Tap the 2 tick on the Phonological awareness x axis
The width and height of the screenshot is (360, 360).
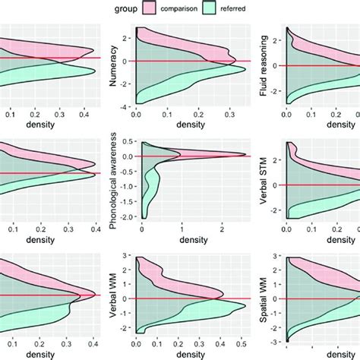pos(222,229)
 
